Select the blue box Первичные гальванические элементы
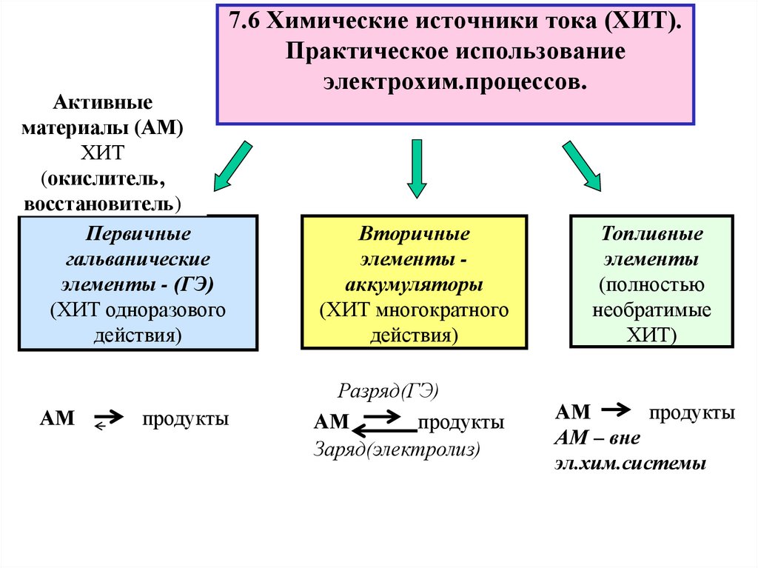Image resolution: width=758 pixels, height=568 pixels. click(138, 282)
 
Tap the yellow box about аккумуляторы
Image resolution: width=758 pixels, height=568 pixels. click(414, 282)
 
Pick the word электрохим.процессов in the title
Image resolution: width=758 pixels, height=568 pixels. click(454, 82)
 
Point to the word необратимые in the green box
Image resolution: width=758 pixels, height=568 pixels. click(651, 310)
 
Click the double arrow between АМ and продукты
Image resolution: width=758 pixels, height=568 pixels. click(383, 424)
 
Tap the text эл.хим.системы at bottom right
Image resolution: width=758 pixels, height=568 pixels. click(630, 464)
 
